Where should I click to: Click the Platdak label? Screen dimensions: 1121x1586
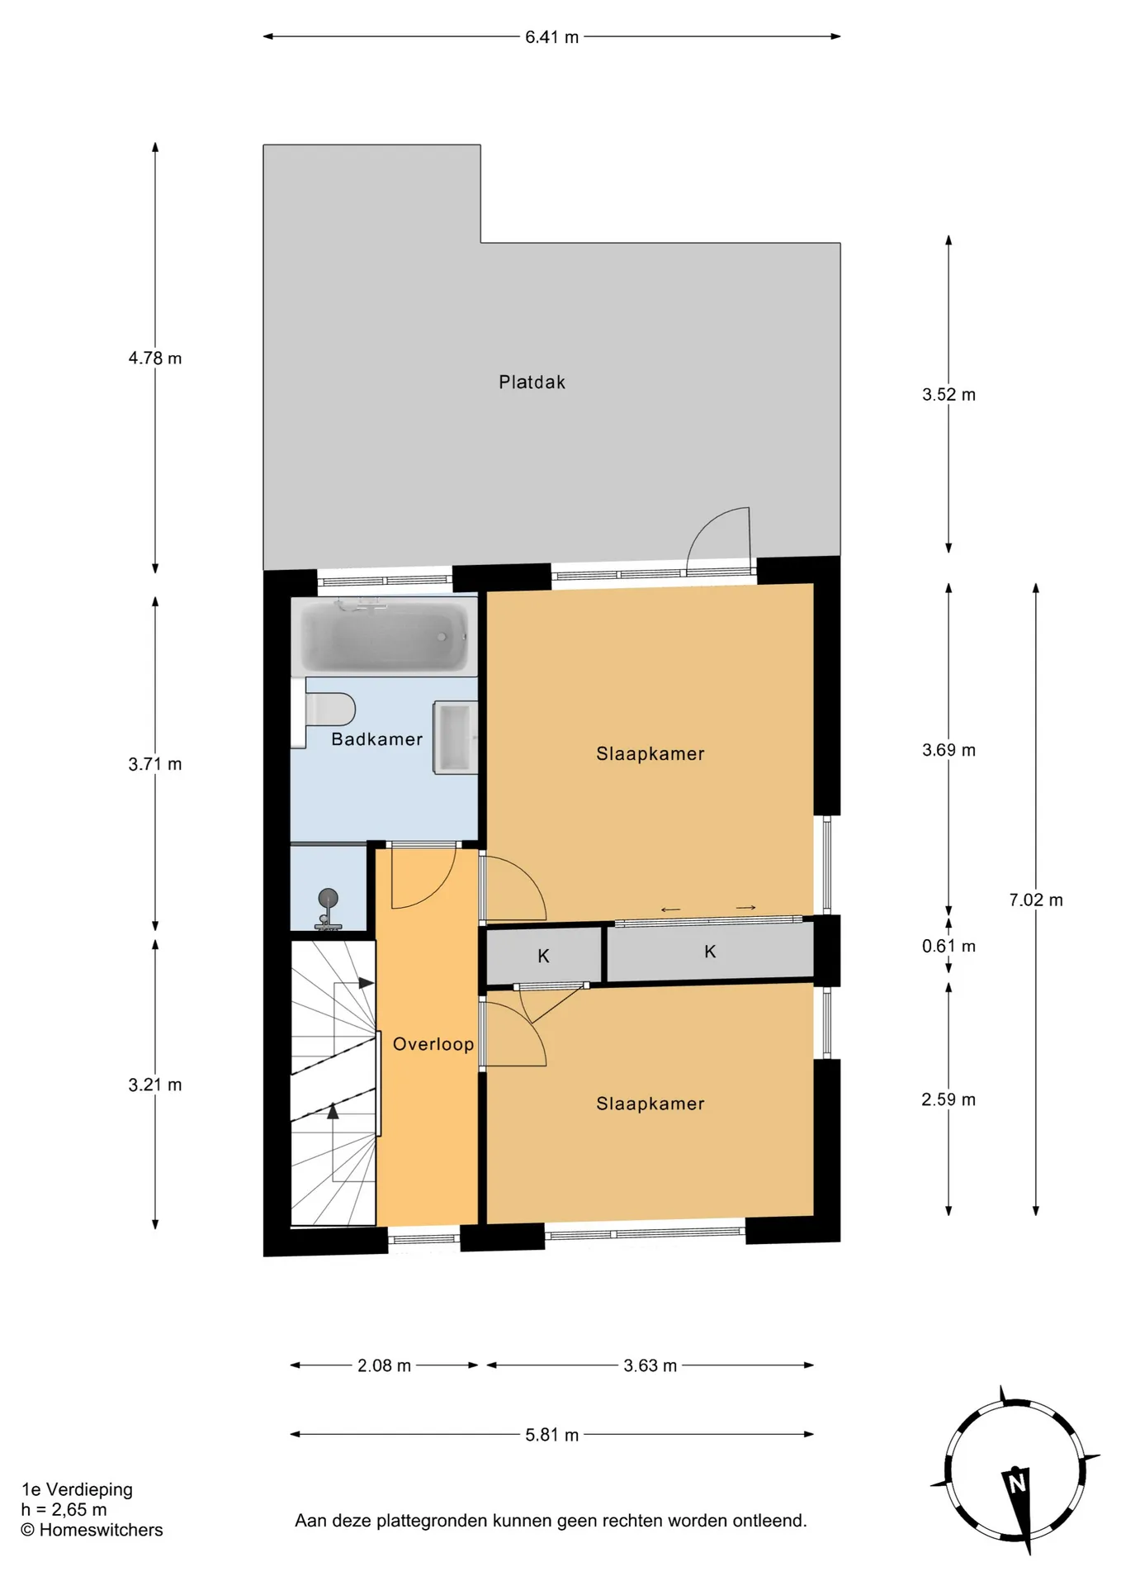[x=532, y=382]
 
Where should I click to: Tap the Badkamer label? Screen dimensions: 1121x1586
[x=376, y=739]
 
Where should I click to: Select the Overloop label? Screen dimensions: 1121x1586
[x=433, y=1044]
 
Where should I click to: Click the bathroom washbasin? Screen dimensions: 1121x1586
[x=456, y=738]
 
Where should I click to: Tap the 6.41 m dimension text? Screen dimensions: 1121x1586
[x=552, y=37]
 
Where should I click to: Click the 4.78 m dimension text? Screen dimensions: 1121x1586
[x=155, y=359]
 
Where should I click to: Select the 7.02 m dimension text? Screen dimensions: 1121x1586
[x=1036, y=900]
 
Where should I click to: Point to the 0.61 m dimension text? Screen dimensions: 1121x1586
[x=948, y=947]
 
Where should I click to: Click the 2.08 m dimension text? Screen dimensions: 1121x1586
[x=384, y=1366]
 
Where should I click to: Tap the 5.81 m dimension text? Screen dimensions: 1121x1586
[x=552, y=1435]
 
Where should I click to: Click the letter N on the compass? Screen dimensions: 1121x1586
[x=1017, y=1483]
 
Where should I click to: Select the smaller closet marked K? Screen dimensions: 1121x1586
[x=544, y=956]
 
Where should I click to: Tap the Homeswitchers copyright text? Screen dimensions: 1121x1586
[x=92, y=1530]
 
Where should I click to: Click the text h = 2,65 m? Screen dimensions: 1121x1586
[x=64, y=1510]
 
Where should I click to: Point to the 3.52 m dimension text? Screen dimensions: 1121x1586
[x=948, y=395]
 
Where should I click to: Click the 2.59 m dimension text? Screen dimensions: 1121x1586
[x=948, y=1100]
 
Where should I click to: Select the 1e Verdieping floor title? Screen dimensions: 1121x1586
[x=77, y=1490]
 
